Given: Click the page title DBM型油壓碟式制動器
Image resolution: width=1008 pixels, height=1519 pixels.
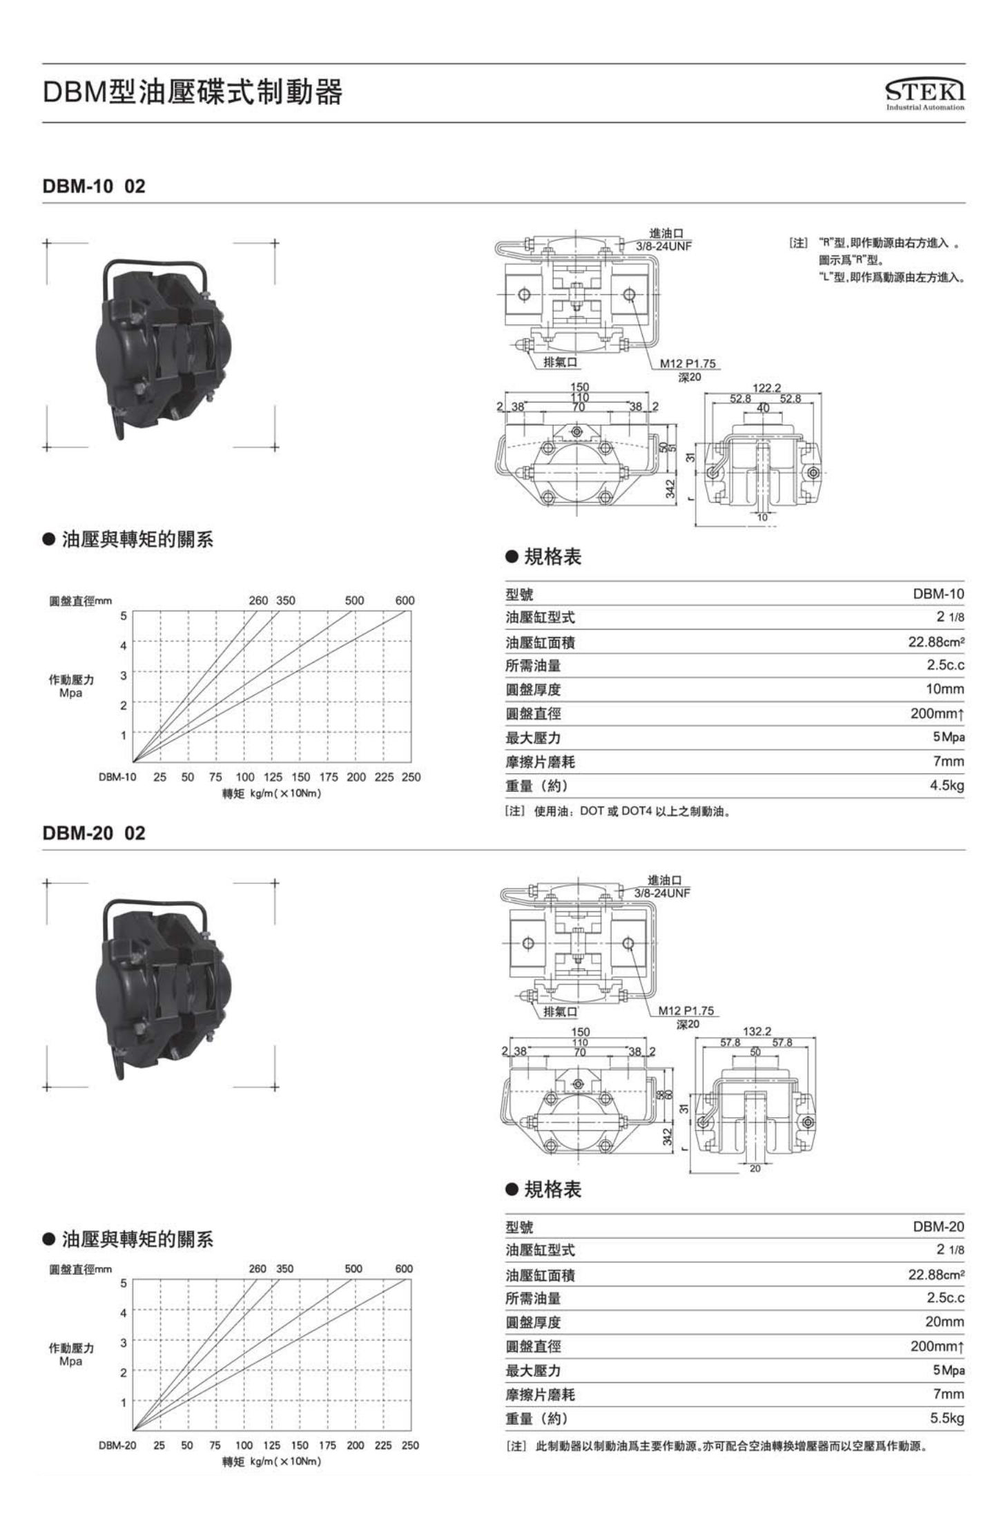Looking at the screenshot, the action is tap(193, 92).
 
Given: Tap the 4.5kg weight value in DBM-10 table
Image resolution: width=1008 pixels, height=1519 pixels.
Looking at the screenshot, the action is tap(947, 785).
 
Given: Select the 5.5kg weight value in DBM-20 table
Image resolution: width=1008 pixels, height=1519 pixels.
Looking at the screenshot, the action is tap(947, 1418).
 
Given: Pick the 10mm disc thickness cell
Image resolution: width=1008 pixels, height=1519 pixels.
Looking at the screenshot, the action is tap(944, 689).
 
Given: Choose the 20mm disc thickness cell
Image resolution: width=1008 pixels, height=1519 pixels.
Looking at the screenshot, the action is tap(944, 1322).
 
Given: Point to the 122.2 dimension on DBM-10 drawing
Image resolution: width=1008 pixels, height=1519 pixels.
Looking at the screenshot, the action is tap(766, 388).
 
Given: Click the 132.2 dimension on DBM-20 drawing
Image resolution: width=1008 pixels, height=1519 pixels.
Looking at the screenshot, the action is tap(757, 1032).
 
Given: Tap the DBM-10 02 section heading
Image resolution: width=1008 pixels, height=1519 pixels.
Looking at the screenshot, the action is tap(94, 186).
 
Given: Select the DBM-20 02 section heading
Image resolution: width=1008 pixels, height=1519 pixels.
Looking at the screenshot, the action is tap(94, 833).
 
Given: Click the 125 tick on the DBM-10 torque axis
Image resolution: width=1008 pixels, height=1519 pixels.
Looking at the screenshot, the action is tap(273, 777).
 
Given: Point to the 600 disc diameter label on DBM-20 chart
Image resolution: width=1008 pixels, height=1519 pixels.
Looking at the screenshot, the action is tap(404, 1268).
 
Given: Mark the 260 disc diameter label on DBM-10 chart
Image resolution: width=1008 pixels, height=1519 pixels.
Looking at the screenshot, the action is tap(258, 601).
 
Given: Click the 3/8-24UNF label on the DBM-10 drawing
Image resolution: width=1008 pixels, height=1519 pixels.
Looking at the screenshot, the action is tap(663, 246).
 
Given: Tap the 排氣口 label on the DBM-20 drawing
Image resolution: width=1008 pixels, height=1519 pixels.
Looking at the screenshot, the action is tap(560, 1012).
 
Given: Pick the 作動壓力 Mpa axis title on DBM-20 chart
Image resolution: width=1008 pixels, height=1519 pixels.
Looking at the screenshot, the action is tap(71, 1354).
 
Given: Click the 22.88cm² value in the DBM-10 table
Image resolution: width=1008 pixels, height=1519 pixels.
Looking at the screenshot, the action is tap(936, 642).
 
